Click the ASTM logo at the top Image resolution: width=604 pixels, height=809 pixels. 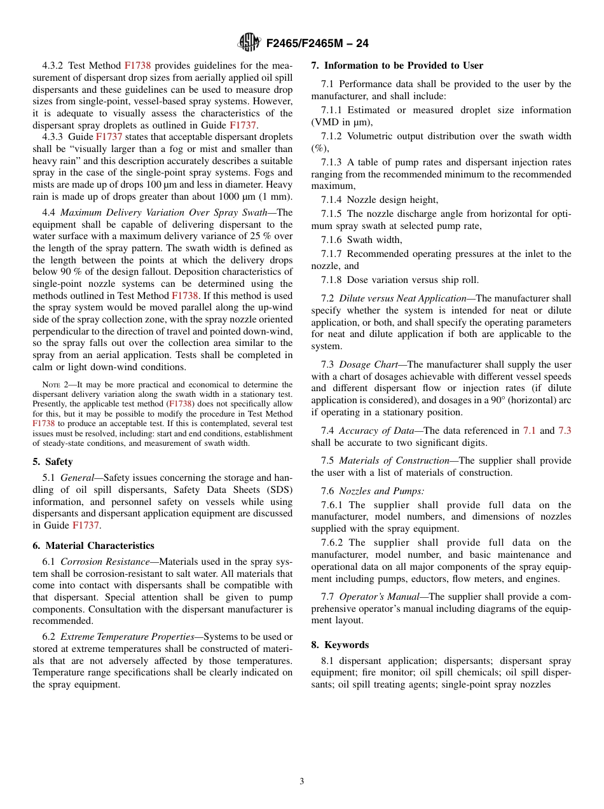(249, 43)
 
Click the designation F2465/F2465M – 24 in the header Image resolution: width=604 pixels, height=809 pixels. (317, 43)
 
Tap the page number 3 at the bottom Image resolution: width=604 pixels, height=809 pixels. (302, 781)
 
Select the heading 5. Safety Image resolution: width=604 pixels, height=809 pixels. (53, 461)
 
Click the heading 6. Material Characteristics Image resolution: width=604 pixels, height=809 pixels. (93, 545)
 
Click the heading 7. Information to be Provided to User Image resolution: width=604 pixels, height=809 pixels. (397, 66)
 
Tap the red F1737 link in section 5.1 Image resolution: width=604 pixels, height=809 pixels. (85, 525)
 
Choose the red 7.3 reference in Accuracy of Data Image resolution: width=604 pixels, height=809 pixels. (564, 431)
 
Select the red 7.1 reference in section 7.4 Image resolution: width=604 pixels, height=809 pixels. (529, 431)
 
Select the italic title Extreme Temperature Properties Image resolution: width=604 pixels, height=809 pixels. (127, 637)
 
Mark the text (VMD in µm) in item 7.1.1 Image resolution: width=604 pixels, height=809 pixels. (341, 122)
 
